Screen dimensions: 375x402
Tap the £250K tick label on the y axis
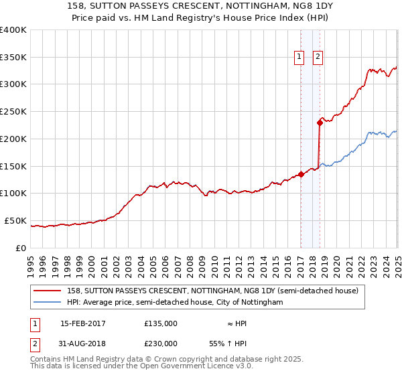[x=13, y=111]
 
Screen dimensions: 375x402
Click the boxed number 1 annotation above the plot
[x=299, y=58]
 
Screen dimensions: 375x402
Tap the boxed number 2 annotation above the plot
[x=318, y=58]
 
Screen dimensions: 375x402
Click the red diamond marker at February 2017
[x=301, y=174]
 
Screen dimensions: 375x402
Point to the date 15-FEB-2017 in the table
[x=83, y=323]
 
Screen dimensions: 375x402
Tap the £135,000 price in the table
[x=160, y=323]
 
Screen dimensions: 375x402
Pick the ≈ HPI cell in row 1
[x=238, y=323]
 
